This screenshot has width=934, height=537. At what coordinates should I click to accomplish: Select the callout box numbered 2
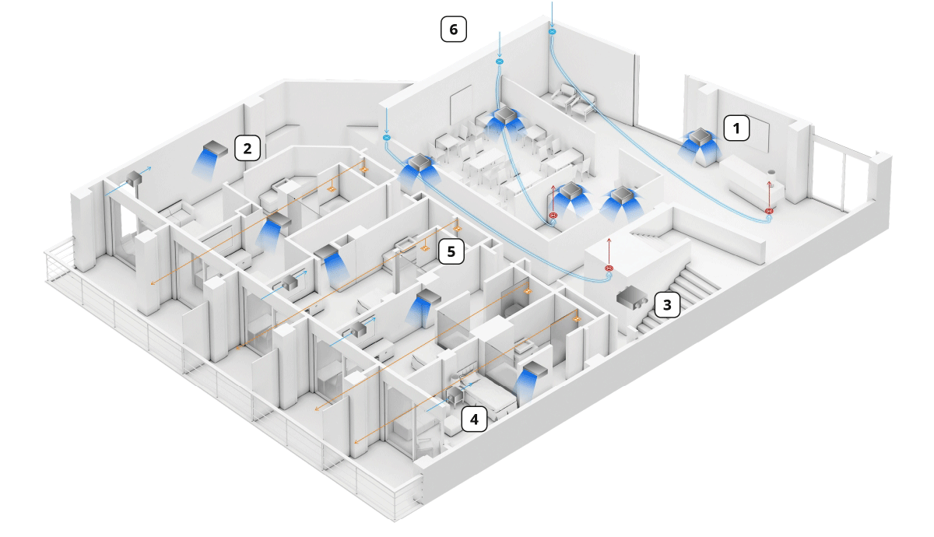pos(247,147)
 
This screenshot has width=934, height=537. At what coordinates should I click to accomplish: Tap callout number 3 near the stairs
pos(667,304)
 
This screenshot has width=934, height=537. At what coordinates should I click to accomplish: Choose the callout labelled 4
pos(474,419)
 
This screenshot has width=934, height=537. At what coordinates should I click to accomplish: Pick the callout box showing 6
pos(453,30)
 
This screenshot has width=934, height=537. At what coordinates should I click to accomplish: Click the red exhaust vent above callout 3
pos(609,269)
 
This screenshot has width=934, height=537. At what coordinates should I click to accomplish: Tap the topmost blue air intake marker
pos(552,32)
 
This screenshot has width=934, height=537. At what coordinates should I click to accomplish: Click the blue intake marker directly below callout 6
pos(500,61)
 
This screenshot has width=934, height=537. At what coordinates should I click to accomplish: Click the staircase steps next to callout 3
pos(693,284)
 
